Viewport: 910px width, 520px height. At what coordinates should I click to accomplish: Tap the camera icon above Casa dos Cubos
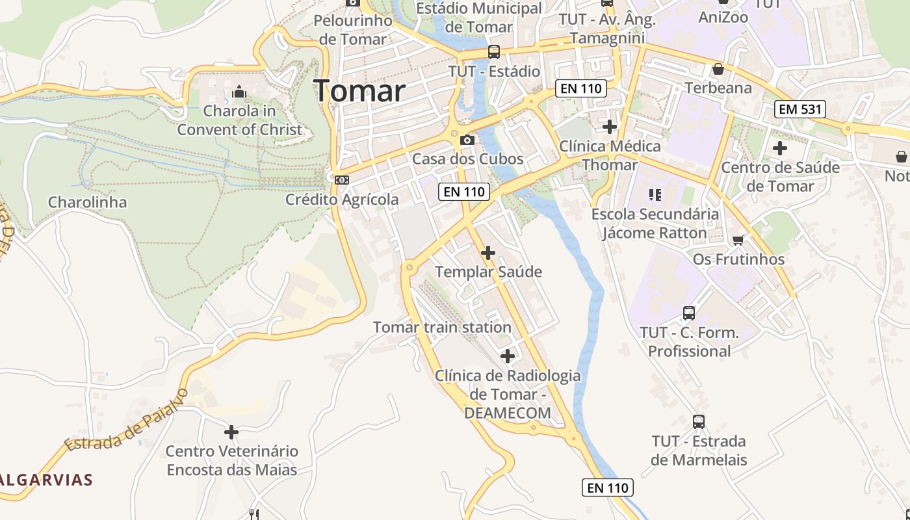(467, 140)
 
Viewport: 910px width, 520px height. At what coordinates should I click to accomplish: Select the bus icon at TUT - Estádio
(494, 52)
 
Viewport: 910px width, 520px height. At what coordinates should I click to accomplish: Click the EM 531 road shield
(800, 109)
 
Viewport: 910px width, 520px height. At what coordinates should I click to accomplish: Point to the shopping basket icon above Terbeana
(718, 69)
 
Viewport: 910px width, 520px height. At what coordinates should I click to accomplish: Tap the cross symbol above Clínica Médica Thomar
(610, 126)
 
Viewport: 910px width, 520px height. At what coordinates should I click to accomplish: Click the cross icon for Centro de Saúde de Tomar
(780, 148)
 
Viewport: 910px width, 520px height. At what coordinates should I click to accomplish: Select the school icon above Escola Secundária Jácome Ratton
(655, 194)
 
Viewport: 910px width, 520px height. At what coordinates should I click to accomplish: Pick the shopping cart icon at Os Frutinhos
(738, 240)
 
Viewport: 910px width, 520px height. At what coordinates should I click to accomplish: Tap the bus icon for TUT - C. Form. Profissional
(689, 313)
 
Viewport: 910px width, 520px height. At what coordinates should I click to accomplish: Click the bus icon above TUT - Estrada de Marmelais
(699, 422)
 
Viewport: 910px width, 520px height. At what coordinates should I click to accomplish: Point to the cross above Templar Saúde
(488, 252)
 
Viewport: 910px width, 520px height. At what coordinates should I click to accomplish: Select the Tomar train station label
(442, 327)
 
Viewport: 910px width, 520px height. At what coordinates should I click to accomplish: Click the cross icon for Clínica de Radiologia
(508, 356)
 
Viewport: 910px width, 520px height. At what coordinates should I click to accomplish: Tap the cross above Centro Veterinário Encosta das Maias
(231, 432)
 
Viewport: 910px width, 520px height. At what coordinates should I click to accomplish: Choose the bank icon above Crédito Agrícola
(342, 180)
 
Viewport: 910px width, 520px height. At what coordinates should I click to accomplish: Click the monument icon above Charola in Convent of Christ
(239, 92)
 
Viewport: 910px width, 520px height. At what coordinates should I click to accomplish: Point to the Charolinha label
(87, 202)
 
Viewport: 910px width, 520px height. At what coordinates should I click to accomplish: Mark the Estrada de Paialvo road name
(127, 421)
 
